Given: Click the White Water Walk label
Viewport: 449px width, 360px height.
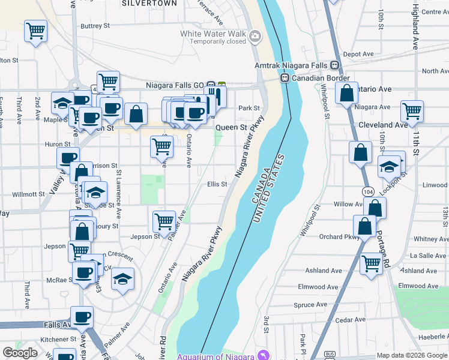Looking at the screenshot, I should pos(213,34).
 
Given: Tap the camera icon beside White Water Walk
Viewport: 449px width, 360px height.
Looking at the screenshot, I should pos(255,37).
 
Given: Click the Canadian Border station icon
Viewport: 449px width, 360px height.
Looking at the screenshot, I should pos(286,79).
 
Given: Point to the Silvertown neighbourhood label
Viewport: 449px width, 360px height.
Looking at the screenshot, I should pos(149,3).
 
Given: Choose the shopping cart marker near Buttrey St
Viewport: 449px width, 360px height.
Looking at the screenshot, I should pos(35,30).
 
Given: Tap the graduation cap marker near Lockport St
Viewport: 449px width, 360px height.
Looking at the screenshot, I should pos(389,166).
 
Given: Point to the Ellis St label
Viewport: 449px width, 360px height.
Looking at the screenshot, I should pos(217,184).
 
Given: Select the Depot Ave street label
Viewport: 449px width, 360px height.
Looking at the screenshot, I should pos(359,54).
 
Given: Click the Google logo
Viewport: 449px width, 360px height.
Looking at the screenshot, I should pos(20,352).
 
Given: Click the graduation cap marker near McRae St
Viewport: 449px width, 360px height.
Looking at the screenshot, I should pos(123,279).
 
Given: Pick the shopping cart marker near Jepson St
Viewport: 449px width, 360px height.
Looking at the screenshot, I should pos(163,221).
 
